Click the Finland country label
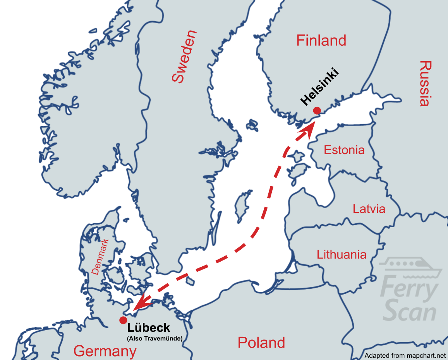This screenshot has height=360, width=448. pos(321,40)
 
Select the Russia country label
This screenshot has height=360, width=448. pos(425,83)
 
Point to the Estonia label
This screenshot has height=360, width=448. pos(344,150)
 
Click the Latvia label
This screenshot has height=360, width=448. pos(369,209)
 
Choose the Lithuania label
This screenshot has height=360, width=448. pos(341,254)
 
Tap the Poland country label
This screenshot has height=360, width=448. pos(261,343)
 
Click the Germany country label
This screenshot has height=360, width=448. pos(105,351)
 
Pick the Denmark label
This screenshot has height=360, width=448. pos(100,256)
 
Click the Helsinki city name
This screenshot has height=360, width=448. pos(319,87)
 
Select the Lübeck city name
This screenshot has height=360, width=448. pos(148,328)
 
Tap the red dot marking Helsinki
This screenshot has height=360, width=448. pos(317,110)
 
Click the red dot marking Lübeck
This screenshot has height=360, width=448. pos(123,320)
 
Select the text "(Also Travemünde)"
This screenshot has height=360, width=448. pos(154,339)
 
